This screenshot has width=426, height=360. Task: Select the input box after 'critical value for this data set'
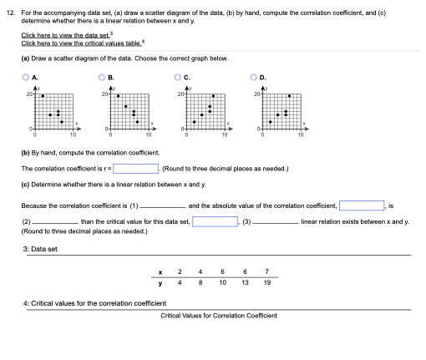pos(216,221)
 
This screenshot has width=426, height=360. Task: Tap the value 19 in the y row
pos(266,283)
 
